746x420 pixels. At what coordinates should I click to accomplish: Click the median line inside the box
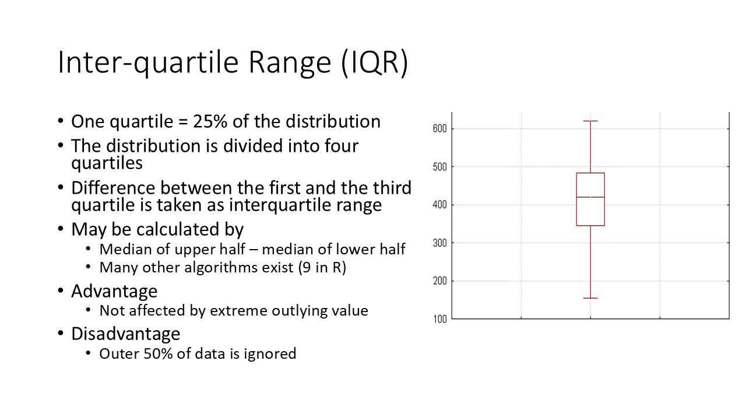coord(590,197)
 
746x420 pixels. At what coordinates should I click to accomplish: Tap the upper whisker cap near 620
coord(590,121)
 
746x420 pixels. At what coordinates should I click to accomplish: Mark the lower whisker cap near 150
coord(590,298)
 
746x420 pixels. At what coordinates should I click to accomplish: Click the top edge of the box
coord(590,173)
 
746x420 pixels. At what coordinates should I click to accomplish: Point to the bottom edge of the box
coord(590,225)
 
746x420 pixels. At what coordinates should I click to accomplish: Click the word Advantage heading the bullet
coord(114,290)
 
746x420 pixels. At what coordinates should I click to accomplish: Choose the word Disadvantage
coord(125,334)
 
